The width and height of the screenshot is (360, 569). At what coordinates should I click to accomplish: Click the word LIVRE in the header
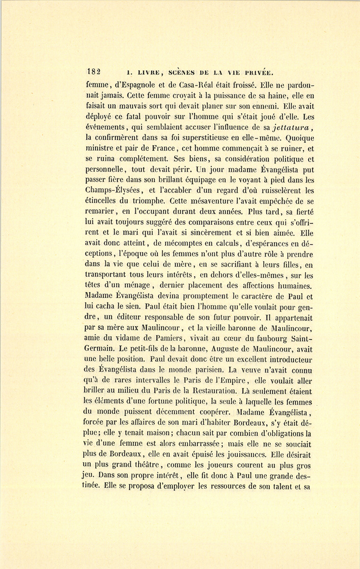tap(149, 73)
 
